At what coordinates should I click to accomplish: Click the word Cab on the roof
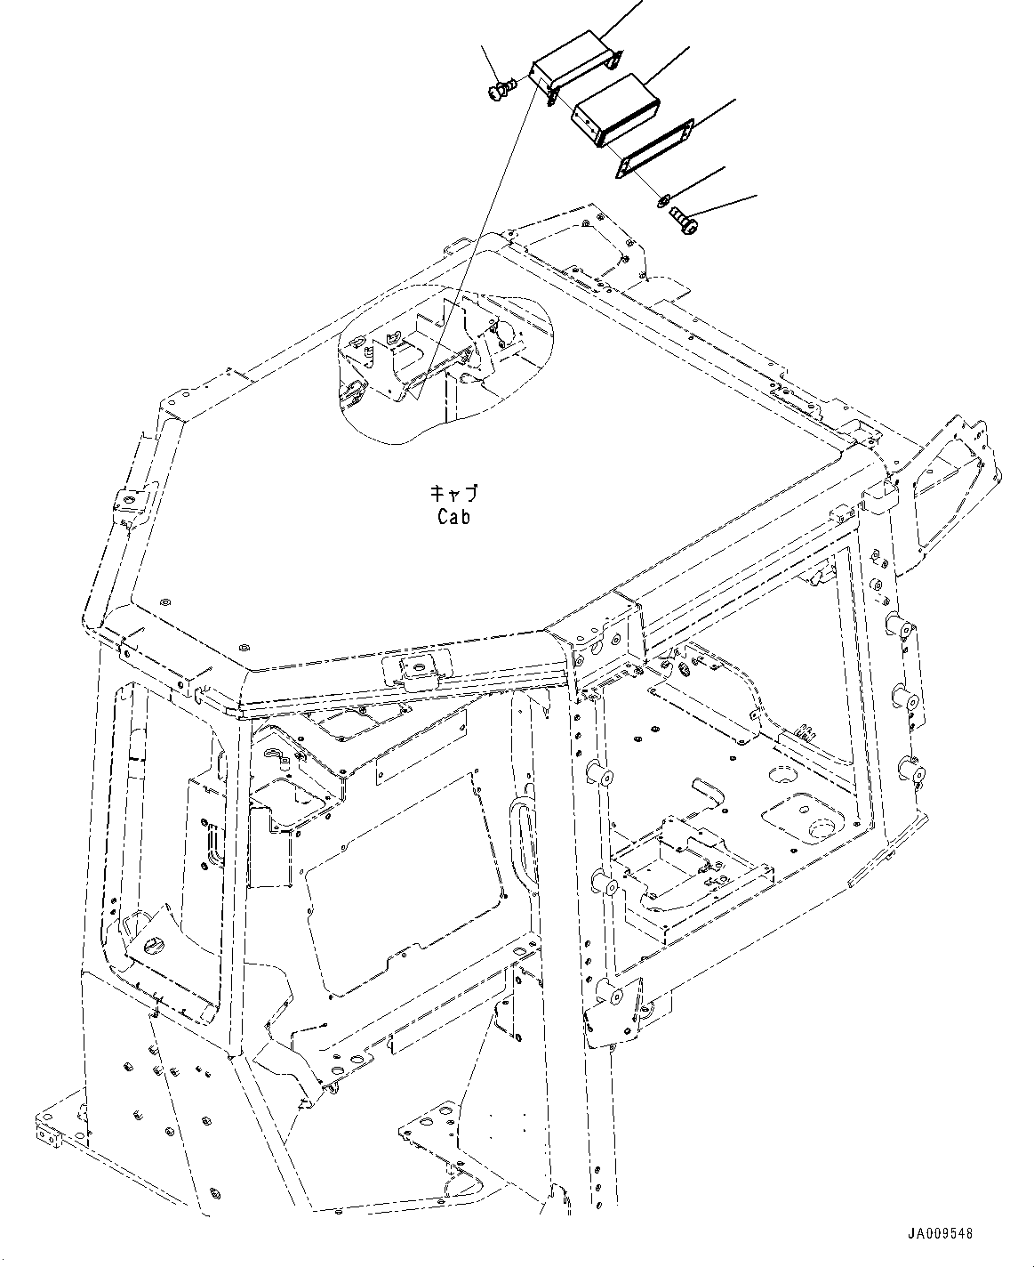[x=453, y=516]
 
